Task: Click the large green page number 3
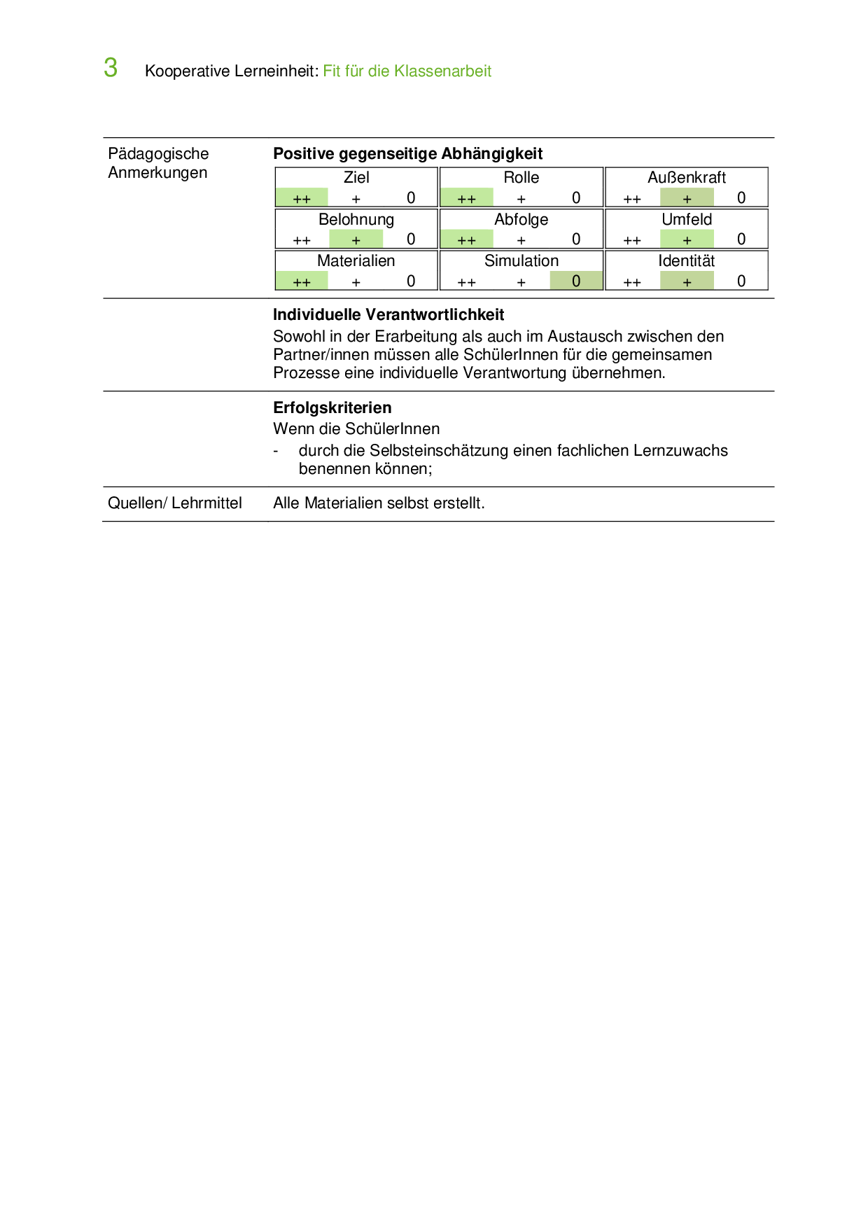[111, 69]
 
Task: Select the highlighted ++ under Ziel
[302, 198]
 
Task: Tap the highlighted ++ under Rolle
[467, 198]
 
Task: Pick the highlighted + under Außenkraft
[687, 198]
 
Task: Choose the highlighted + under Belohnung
[356, 239]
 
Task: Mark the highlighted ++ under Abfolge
[467, 239]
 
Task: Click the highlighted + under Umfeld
[687, 239]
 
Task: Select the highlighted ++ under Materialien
[302, 281]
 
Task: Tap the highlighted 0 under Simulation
[576, 281]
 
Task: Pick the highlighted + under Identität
[687, 281]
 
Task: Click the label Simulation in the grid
[521, 261]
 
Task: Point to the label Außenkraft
[687, 178]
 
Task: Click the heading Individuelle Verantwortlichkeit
[388, 315]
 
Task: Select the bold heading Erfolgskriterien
[332, 408]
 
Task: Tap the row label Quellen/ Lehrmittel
[175, 503]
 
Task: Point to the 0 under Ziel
[411, 198]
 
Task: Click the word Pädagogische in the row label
[158, 154]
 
